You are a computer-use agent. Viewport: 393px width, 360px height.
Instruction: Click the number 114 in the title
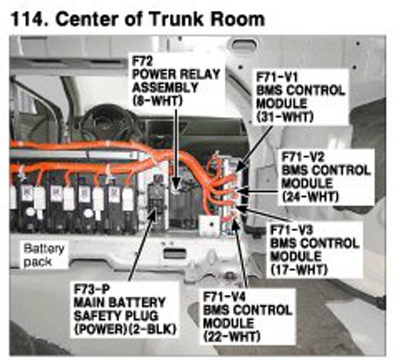tap(28, 19)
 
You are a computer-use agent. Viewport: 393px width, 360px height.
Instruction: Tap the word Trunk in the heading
tap(177, 19)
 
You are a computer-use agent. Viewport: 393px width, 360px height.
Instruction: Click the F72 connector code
tap(142, 61)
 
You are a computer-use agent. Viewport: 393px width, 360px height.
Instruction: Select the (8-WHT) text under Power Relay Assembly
tap(157, 101)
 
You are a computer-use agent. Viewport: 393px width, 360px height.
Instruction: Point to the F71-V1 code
tap(277, 77)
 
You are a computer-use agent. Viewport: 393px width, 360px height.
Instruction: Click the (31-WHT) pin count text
tap(284, 117)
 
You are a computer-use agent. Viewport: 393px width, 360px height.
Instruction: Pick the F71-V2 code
tap(303, 157)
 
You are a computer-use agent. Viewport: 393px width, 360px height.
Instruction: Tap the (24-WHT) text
tap(311, 196)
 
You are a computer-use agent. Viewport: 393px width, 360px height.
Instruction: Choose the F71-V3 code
tap(292, 230)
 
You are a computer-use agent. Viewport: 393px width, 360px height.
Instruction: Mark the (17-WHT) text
tap(298, 270)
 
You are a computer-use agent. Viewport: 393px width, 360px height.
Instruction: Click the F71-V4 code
tap(225, 297)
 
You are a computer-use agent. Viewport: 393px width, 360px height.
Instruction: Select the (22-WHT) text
tap(231, 336)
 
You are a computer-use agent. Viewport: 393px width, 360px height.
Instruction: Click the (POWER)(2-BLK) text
tap(125, 329)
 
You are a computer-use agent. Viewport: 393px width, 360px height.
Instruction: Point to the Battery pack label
tap(44, 255)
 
